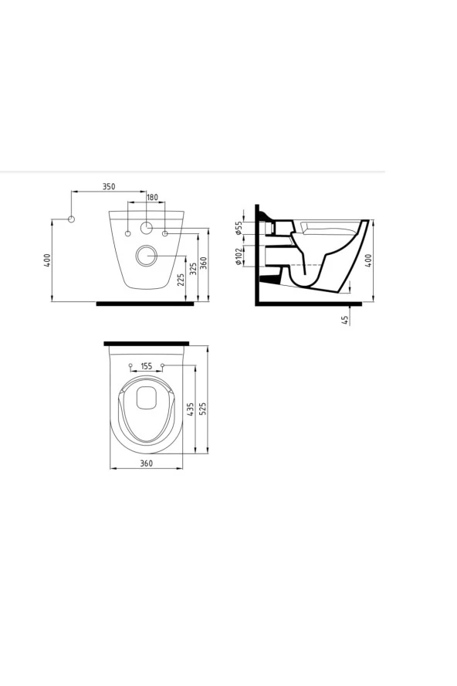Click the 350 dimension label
click(109, 186)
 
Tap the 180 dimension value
click(152, 197)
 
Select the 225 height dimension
click(181, 280)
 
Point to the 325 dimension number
click(193, 269)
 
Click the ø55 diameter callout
click(239, 228)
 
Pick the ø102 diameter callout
click(239, 256)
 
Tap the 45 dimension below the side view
click(345, 320)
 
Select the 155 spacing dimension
click(147, 365)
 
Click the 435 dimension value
click(191, 409)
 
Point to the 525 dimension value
click(202, 409)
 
